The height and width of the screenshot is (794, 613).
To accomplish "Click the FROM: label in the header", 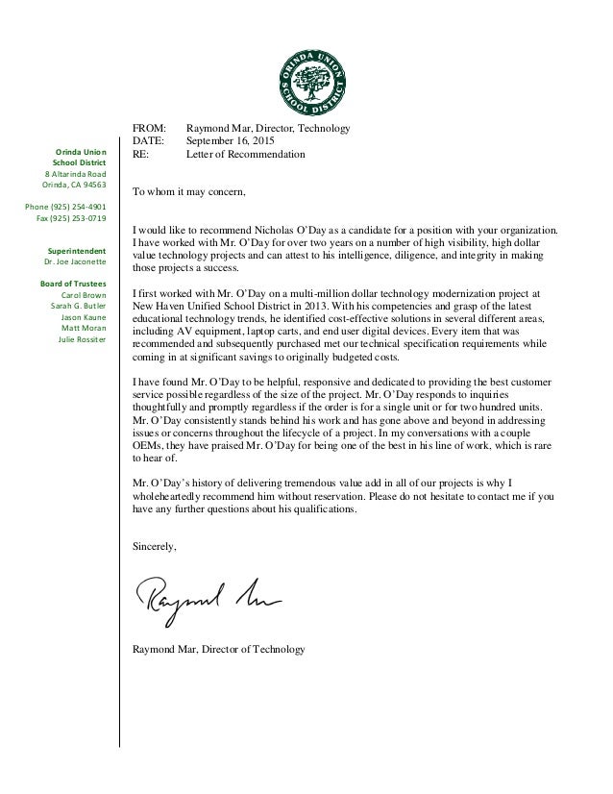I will click(x=149, y=128).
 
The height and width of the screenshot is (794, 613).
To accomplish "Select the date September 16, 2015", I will click(x=232, y=140).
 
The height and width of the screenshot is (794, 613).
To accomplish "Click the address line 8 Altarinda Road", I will click(x=75, y=173).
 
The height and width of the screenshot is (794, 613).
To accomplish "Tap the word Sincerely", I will click(x=155, y=546).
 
